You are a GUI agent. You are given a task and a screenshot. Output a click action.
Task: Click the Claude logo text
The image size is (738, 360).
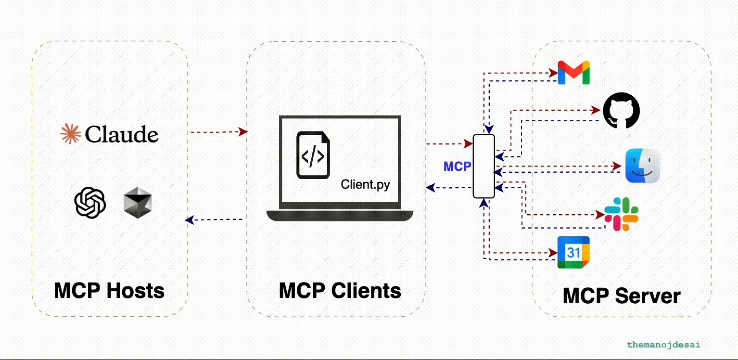point(121,134)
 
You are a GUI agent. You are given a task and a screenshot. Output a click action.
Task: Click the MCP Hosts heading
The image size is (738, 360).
point(109,291)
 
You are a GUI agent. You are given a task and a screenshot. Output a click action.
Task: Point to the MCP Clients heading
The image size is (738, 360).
point(340,291)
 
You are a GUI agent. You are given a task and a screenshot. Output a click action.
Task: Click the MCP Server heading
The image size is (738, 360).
point(622,296)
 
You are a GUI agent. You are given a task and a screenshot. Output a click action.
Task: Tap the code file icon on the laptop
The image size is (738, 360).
point(313,155)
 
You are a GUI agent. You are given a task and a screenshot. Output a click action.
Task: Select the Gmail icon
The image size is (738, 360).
point(573,73)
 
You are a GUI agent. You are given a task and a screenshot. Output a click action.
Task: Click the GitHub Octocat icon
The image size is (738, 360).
point(622,111)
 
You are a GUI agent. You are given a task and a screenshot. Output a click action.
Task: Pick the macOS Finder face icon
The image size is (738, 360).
point(642,166)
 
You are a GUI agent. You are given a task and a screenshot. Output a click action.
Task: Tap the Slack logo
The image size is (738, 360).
point(621,214)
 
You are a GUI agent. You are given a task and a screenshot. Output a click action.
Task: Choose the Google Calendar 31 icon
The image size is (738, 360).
point(573,252)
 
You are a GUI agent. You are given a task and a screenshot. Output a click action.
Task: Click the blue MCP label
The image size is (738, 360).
point(457,167)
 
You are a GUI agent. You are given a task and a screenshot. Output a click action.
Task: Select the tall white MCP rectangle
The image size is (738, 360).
point(484,166)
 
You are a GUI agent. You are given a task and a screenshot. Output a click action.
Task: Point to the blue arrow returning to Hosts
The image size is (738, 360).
point(214,220)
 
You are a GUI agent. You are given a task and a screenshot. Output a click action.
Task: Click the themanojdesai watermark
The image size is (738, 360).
point(663,345)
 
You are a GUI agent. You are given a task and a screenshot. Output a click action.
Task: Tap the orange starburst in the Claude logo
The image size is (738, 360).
point(70,134)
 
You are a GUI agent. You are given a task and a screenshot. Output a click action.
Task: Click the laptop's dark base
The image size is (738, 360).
point(340,215)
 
